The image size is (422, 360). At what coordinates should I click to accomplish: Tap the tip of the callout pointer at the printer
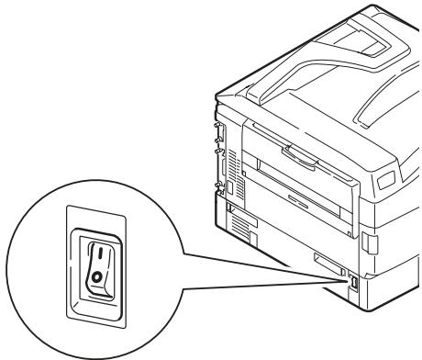tap(351, 287)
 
